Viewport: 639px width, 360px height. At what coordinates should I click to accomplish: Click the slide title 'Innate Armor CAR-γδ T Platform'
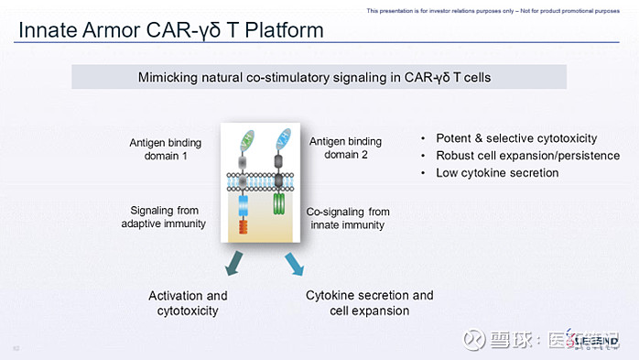[x=171, y=30]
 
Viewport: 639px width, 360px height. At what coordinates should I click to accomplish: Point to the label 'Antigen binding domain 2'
[x=345, y=147]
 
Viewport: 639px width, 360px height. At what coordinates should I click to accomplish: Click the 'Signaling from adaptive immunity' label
[x=164, y=217]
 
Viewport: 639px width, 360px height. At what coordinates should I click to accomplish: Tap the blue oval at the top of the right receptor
[x=283, y=138]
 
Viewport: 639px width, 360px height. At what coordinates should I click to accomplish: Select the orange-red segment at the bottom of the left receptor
[x=243, y=226]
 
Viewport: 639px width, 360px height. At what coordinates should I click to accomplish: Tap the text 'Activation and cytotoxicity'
[x=188, y=303]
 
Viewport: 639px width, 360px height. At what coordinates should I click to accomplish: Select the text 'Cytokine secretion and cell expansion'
[x=369, y=303]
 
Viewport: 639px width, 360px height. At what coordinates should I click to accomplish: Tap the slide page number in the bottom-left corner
[x=16, y=348]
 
